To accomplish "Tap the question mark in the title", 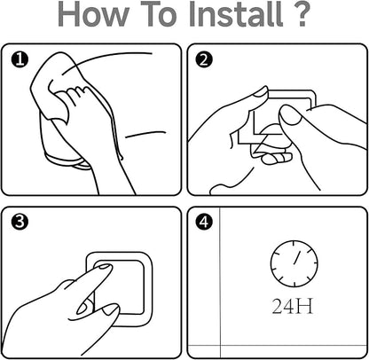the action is [x=301, y=14].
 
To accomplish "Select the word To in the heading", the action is [x=158, y=14].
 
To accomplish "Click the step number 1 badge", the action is [x=20, y=59].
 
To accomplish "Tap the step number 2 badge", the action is [x=204, y=59].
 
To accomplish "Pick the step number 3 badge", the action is [x=20, y=222].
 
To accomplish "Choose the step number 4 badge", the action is [x=204, y=222].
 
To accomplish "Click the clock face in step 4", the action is [x=294, y=263].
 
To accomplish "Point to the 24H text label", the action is [x=292, y=306].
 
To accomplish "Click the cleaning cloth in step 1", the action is [x=55, y=86].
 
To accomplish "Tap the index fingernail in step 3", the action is [x=104, y=266].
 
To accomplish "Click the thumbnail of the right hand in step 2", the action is [x=291, y=116].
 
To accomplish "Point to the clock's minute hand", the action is [x=297, y=257].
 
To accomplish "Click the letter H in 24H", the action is [x=304, y=306].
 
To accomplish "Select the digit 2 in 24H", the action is [x=278, y=306].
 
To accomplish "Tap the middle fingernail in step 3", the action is [x=110, y=309].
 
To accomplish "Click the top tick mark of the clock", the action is [x=294, y=244].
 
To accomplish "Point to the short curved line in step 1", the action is [x=145, y=134].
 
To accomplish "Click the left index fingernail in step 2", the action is [x=260, y=92].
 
